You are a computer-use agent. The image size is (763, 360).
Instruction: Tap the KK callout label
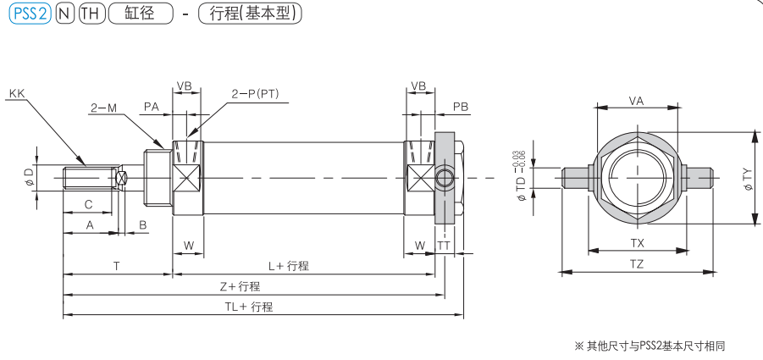click(x=16, y=92)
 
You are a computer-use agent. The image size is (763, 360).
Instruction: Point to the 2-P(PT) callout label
click(x=255, y=92)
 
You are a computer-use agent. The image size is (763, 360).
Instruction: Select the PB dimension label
click(x=461, y=107)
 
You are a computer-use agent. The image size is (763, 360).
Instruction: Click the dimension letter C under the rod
click(x=87, y=204)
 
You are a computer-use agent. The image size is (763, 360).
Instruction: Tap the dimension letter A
click(x=89, y=224)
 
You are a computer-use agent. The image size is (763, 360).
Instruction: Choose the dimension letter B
click(x=143, y=224)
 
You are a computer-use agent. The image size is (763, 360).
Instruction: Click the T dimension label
click(x=116, y=266)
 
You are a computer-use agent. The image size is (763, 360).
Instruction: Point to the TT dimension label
click(x=443, y=246)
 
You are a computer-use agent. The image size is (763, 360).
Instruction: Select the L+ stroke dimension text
click(x=288, y=266)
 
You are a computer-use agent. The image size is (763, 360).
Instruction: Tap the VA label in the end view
click(x=637, y=100)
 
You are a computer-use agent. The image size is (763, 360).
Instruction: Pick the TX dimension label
click(x=637, y=242)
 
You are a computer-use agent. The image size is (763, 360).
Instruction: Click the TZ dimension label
click(x=637, y=263)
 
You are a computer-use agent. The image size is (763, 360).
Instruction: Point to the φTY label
click(x=746, y=178)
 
